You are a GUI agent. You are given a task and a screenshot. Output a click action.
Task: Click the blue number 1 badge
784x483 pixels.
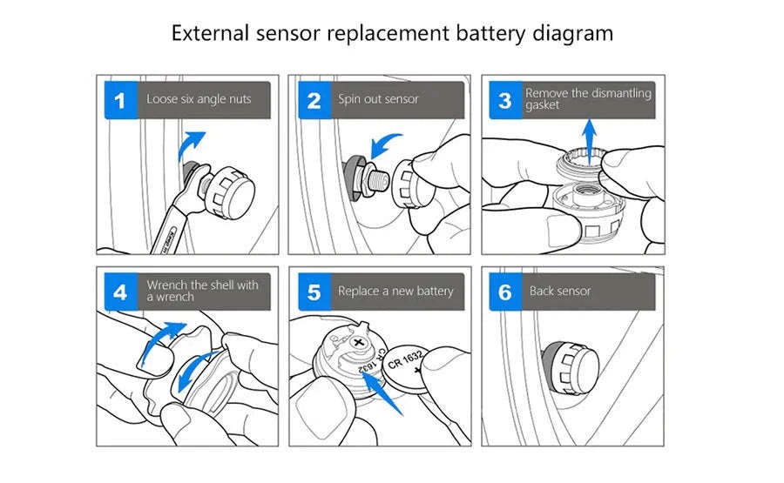120,100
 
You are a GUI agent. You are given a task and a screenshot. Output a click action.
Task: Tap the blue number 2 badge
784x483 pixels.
314,100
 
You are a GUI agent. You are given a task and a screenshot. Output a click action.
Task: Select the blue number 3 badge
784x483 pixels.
505,100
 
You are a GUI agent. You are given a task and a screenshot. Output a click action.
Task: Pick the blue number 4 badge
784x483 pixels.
120,292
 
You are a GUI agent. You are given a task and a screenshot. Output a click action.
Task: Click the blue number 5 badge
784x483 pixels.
314,292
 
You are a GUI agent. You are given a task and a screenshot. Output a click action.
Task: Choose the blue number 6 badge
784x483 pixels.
505,292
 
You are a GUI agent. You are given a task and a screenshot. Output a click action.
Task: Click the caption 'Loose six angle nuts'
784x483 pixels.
199,99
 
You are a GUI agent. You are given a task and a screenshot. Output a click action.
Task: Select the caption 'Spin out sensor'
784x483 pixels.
378,99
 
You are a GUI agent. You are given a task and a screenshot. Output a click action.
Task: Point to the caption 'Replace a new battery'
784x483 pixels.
395,292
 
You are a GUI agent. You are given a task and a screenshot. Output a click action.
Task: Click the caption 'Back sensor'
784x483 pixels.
560,292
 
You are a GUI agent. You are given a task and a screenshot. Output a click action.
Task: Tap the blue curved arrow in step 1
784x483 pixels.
191,144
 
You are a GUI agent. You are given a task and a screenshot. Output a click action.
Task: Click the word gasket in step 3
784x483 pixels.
543,105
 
